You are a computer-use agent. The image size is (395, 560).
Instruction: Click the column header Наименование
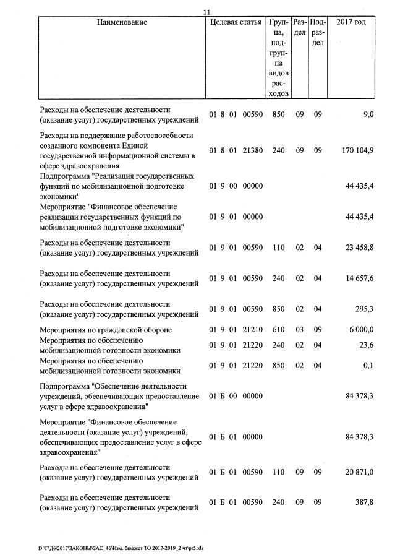click(x=122, y=23)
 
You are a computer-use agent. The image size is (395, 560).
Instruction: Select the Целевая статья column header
click(x=236, y=23)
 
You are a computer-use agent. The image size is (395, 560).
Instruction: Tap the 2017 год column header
click(x=351, y=23)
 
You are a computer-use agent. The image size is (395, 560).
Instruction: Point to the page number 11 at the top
click(x=207, y=11)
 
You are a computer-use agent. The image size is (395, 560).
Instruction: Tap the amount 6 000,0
click(x=361, y=330)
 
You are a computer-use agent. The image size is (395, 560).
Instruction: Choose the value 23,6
click(x=365, y=346)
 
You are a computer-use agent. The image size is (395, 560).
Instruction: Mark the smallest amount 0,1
click(x=368, y=366)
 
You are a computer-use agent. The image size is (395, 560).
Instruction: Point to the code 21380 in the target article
click(x=252, y=150)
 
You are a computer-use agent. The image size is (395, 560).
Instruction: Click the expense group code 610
click(x=278, y=330)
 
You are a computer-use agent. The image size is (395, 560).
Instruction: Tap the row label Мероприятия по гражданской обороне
click(x=106, y=330)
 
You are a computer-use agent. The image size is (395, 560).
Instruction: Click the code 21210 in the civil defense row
click(x=252, y=330)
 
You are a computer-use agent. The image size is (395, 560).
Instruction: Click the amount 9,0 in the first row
click(x=368, y=114)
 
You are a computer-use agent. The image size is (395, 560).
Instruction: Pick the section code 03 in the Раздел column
click(x=299, y=330)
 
